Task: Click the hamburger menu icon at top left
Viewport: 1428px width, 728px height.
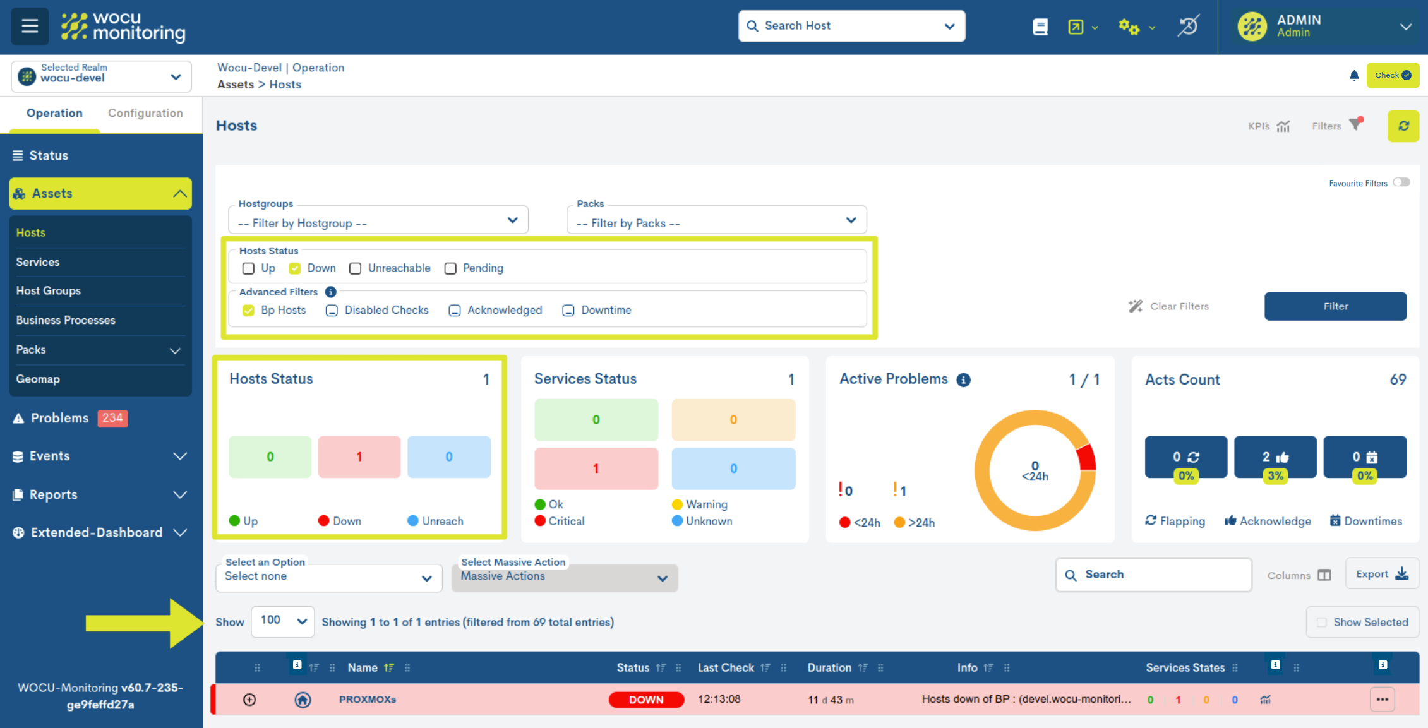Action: click(30, 27)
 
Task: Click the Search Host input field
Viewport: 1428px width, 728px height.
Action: click(846, 26)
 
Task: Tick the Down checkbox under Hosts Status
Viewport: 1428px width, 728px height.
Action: click(295, 268)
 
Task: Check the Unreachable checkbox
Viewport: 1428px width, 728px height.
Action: click(356, 268)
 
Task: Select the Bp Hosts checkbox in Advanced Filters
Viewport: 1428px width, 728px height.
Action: click(248, 311)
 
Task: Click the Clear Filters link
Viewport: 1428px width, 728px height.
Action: click(1168, 306)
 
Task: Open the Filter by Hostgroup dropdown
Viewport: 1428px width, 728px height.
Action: click(378, 223)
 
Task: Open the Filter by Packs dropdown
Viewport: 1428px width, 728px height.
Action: click(716, 223)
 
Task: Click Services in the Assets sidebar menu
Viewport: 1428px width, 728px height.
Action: click(38, 262)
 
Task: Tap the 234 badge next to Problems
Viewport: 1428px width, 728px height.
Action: click(112, 418)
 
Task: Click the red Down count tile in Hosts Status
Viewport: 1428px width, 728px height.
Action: click(359, 456)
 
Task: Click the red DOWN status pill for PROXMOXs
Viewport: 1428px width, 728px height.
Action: click(646, 700)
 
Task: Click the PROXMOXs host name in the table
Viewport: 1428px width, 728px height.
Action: click(368, 700)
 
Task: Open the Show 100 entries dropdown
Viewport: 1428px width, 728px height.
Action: click(283, 621)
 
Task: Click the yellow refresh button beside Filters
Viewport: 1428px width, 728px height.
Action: click(1403, 126)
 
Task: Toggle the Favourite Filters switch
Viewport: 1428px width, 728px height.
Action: click(1401, 182)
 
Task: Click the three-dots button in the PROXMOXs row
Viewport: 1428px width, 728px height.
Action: click(1382, 700)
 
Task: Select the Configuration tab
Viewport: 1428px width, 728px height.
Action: click(145, 113)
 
